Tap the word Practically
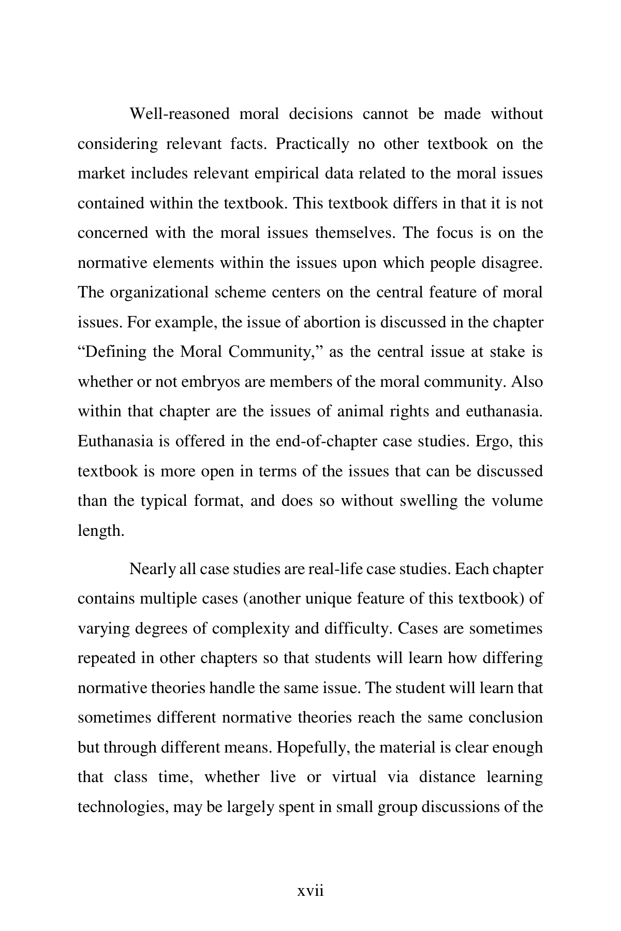point(312,143)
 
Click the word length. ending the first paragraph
point(101,531)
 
